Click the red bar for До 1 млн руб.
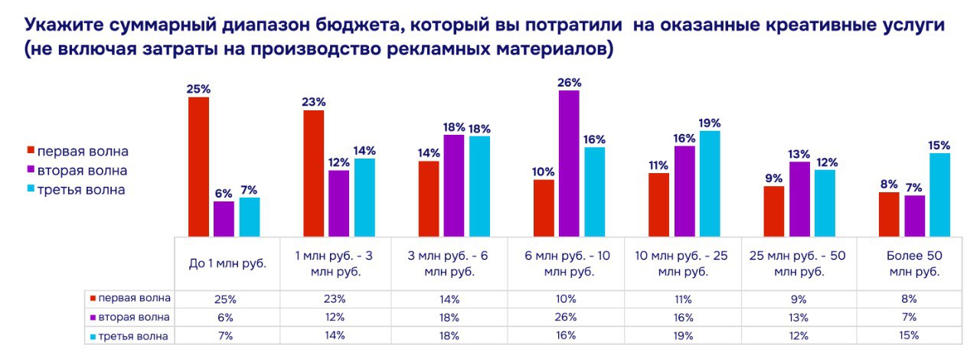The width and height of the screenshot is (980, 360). coord(198,166)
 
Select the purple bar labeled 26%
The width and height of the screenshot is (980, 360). coord(569,163)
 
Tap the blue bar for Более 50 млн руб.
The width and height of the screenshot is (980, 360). coord(940,195)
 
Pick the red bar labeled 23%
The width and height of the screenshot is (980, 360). coord(314,173)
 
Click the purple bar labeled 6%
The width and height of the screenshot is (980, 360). coord(224,218)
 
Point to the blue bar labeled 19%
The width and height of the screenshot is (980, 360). coord(710,184)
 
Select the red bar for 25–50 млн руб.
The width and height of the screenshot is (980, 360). coord(774,211)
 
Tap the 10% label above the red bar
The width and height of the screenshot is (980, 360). coord(544,170)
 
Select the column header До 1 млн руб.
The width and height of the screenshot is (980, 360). coord(227,264)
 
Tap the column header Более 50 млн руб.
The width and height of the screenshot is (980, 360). coord(913,264)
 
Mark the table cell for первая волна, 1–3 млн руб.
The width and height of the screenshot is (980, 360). coord(335,299)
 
